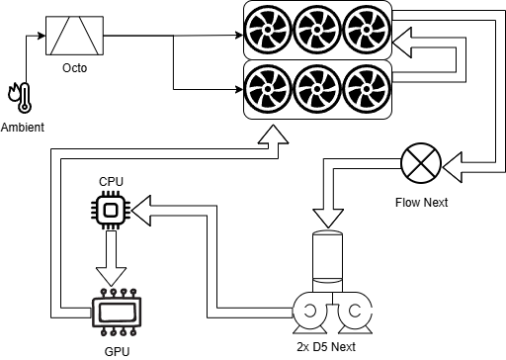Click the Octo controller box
pyautogui.click(x=74, y=36)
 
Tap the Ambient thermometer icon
pyautogui.click(x=20, y=98)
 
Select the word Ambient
pyautogui.click(x=23, y=128)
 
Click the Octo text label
pyautogui.click(x=75, y=68)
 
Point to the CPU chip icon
pyautogui.click(x=111, y=210)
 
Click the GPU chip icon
pyautogui.click(x=117, y=313)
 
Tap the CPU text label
pyautogui.click(x=111, y=182)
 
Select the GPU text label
pyautogui.click(x=117, y=352)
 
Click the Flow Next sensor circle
pyautogui.click(x=421, y=163)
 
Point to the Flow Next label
pyautogui.click(x=421, y=203)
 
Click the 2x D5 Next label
pyautogui.click(x=326, y=347)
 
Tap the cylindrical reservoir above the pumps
pyautogui.click(x=327, y=261)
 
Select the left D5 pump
pyautogui.click(x=309, y=313)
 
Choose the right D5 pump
pyautogui.click(x=355, y=313)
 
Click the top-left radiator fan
pyautogui.click(x=268, y=30)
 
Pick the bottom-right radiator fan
pyautogui.click(x=367, y=89)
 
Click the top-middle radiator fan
pyautogui.click(x=317, y=30)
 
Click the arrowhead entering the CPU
pyautogui.click(x=141, y=211)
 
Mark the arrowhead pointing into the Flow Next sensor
pyautogui.click(x=453, y=167)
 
